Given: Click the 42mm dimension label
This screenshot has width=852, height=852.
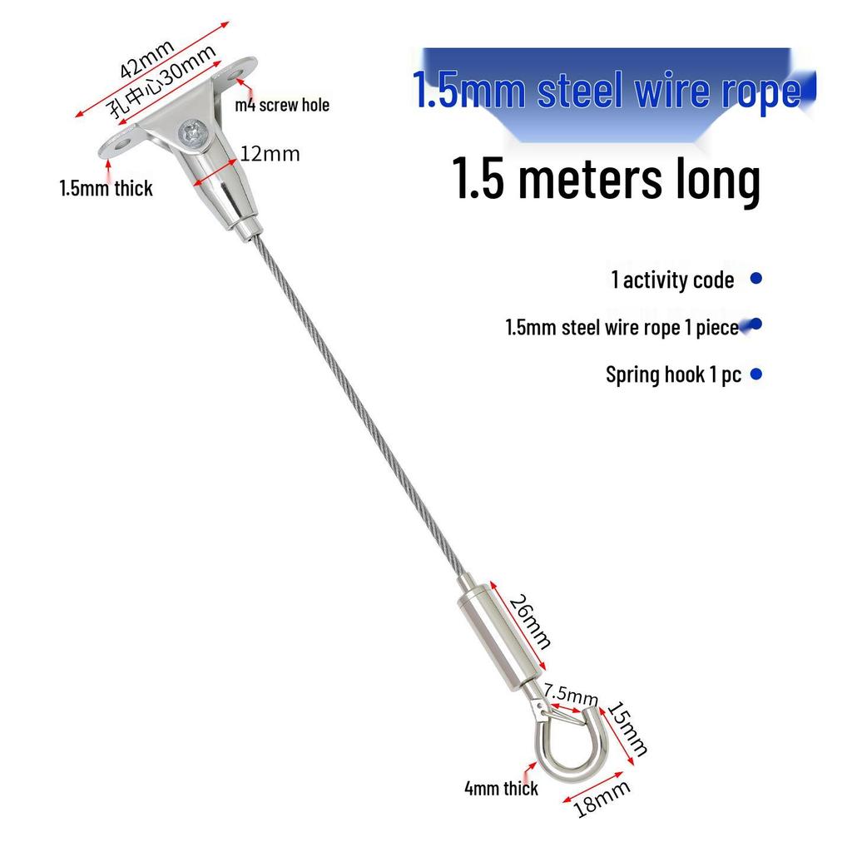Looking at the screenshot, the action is click(146, 59).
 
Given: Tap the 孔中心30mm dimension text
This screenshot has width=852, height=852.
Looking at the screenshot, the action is click(162, 82).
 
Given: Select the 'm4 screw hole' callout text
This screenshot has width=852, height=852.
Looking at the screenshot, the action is click(282, 105).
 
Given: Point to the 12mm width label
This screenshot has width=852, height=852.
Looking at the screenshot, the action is click(270, 154).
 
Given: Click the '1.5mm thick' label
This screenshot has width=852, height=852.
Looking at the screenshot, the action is click(106, 189).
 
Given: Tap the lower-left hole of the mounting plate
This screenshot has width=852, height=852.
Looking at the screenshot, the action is click(120, 145).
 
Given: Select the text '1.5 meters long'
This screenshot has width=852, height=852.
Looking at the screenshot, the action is click(607, 178).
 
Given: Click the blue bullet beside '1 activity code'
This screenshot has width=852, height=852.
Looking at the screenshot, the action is click(755, 278).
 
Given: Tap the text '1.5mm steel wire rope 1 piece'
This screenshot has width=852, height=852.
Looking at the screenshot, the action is click(622, 328).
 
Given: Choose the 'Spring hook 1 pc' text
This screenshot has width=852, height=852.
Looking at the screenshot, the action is click(673, 375).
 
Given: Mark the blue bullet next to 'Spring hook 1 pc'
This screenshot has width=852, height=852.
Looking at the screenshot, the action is click(755, 374).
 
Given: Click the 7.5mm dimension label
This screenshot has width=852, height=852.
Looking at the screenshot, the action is click(571, 694).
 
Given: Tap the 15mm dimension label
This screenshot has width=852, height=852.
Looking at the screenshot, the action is click(627, 729).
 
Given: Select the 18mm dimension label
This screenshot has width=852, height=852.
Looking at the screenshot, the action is click(602, 799).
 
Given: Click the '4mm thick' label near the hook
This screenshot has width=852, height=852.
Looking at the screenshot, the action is click(501, 789).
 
